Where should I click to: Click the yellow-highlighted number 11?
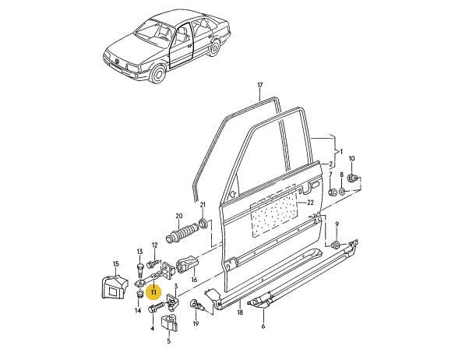coord(153,291)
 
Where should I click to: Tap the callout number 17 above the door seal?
coord(259,85)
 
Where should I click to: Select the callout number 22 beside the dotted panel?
coord(311,203)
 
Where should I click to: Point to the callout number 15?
coord(116,264)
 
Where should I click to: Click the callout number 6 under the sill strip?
coord(263,326)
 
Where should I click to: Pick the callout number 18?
coord(240,312)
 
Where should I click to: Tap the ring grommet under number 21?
coord(203,224)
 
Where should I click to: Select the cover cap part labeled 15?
coord(114,288)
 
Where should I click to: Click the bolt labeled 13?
coord(140,270)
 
